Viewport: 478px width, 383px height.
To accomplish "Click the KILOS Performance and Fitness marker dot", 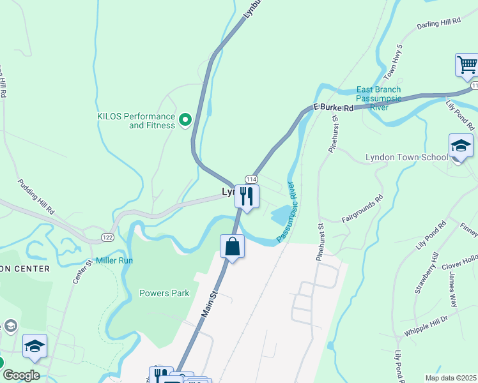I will click(x=185, y=119).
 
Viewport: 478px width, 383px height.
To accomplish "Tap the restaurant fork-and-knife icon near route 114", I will click(x=247, y=195).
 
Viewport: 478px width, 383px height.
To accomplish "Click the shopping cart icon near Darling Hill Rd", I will click(x=467, y=64).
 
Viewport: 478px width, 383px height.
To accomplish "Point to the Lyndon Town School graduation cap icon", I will click(x=460, y=146).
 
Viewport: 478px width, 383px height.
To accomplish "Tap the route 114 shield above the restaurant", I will click(x=251, y=180).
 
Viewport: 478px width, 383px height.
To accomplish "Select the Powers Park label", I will click(x=164, y=293).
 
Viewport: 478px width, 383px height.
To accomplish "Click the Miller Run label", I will click(x=114, y=260).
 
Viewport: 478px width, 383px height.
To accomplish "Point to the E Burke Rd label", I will click(x=333, y=109).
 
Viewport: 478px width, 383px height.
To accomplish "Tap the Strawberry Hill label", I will click(x=426, y=273).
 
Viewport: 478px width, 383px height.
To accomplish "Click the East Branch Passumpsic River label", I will click(x=378, y=98).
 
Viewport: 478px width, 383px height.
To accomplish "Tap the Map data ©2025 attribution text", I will click(x=450, y=378).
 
